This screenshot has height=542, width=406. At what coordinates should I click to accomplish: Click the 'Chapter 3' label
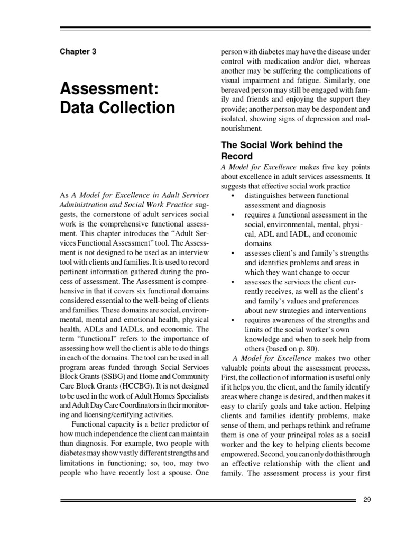pyautogui.click(x=78, y=52)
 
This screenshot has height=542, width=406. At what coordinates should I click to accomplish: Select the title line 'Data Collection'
pyautogui.click(x=117, y=107)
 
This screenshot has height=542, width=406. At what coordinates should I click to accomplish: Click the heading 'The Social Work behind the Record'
pyautogui.click(x=281, y=150)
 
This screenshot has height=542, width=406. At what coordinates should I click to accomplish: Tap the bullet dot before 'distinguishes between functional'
pyautogui.click(x=233, y=196)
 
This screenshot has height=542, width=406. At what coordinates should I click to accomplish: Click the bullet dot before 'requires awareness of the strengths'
pyautogui.click(x=233, y=320)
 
